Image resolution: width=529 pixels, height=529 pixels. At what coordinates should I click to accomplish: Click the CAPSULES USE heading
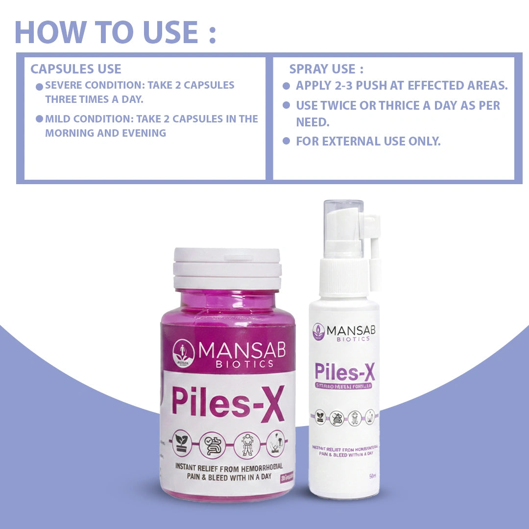tap(75, 69)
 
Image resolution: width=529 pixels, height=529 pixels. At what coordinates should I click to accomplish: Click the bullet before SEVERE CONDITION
tap(39, 87)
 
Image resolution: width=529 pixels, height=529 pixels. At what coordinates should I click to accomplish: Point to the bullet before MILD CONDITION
tap(39, 120)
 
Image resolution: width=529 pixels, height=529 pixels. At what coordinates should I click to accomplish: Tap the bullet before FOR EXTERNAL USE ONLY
tap(287, 142)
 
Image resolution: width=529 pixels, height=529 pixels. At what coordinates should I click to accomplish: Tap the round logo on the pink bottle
tap(184, 354)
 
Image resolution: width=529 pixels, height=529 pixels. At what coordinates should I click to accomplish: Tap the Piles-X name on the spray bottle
tap(344, 372)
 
